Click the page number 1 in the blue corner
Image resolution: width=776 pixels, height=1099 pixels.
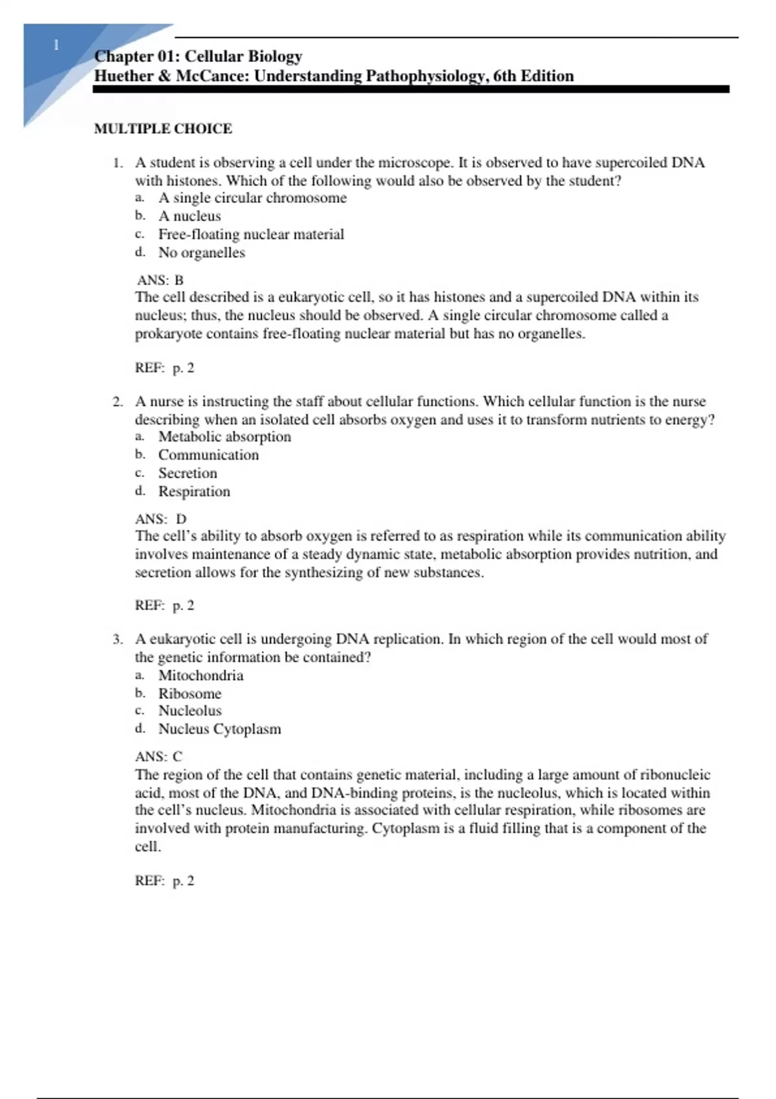click(x=56, y=45)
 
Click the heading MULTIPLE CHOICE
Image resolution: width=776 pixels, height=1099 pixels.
click(x=163, y=129)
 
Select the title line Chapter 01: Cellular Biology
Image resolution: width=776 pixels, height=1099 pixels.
click(x=198, y=57)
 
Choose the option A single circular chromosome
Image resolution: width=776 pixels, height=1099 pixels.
click(x=252, y=198)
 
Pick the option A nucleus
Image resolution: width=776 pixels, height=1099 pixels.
click(x=189, y=216)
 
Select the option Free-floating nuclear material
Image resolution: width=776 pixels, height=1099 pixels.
click(x=251, y=234)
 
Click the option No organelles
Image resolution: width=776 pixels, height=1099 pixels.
click(x=202, y=252)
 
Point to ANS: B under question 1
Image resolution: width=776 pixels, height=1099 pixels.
click(x=160, y=280)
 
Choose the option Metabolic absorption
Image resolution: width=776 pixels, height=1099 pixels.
click(x=224, y=436)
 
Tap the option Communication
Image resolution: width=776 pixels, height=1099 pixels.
click(x=208, y=454)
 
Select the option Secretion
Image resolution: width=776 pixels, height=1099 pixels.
click(x=188, y=473)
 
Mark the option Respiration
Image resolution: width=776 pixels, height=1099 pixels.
click(x=194, y=491)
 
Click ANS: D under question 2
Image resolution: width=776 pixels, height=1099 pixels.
click(x=160, y=518)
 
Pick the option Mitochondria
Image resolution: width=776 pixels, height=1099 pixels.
click(x=200, y=676)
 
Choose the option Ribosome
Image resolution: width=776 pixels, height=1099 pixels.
click(x=189, y=694)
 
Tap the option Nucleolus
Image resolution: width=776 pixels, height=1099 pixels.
click(x=189, y=710)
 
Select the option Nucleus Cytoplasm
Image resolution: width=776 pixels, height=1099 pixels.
click(x=219, y=729)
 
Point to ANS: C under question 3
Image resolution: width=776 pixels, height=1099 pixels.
click(x=158, y=756)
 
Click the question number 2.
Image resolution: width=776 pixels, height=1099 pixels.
click(x=117, y=401)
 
